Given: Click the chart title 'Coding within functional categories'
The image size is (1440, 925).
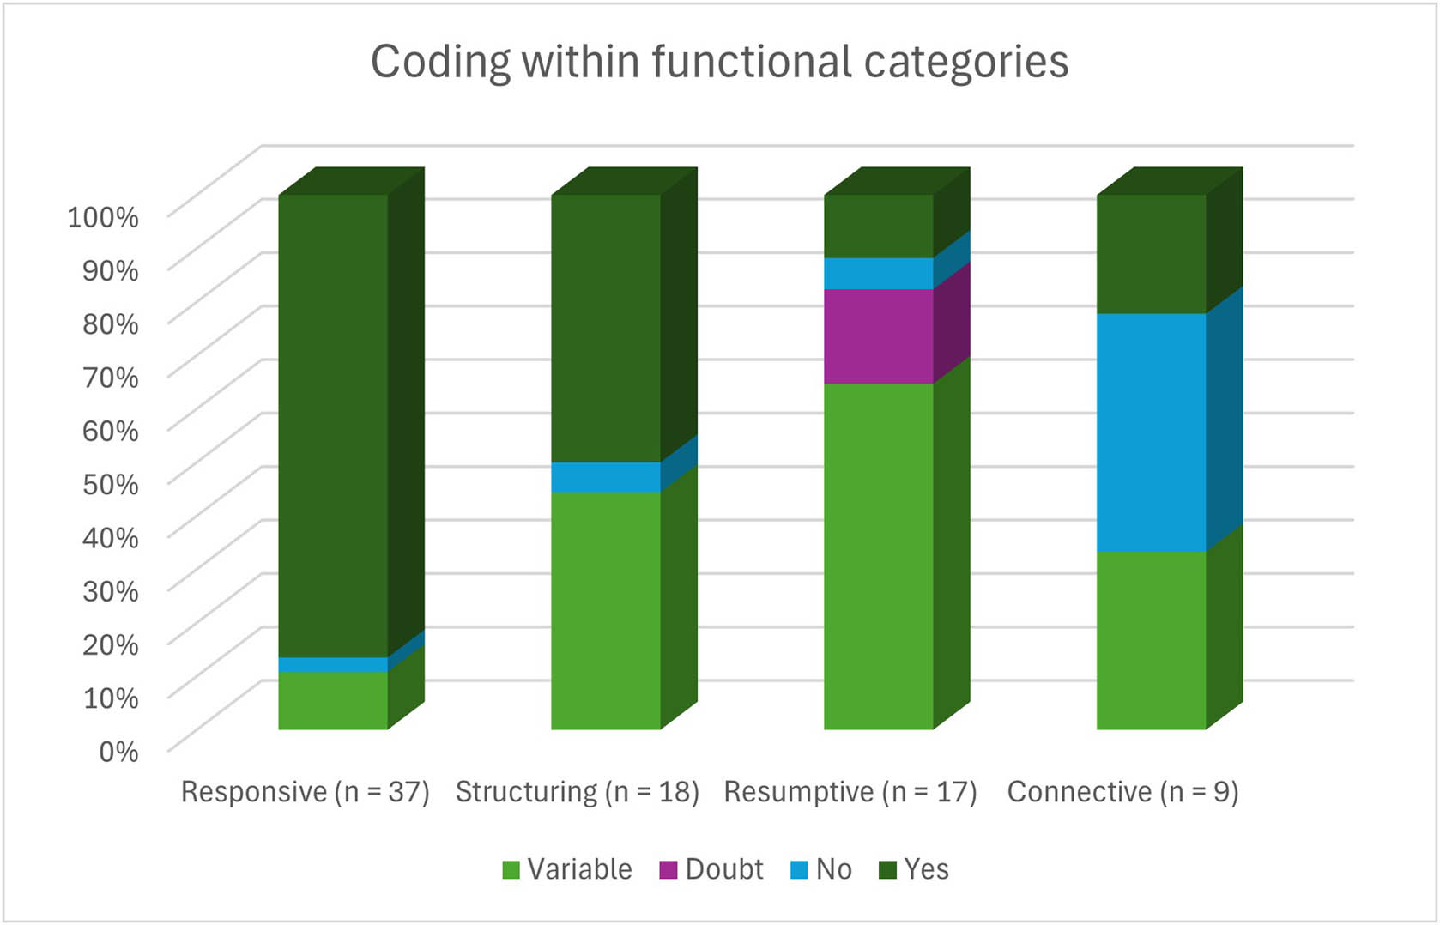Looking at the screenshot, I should [719, 62].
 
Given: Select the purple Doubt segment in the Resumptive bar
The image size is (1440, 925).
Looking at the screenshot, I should [879, 336].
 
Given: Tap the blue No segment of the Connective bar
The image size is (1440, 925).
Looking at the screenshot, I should [1151, 432].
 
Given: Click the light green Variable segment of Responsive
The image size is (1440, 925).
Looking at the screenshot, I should [333, 700].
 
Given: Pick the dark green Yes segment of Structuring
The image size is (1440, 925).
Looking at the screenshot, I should [606, 328].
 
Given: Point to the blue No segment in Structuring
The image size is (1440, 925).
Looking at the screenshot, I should [606, 477].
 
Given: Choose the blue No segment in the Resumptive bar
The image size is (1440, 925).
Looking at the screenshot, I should [879, 274].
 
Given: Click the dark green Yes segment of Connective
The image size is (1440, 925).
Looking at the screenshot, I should [1151, 254].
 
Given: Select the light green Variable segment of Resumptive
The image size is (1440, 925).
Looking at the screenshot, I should [879, 556].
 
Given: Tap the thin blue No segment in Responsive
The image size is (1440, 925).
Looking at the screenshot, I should [333, 665].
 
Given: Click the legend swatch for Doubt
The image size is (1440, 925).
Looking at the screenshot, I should [669, 870].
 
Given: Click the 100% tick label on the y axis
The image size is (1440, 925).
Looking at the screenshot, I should [103, 217].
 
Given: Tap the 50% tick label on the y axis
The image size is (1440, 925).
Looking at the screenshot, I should [110, 484].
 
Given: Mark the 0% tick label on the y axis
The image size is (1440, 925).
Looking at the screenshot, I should [118, 752].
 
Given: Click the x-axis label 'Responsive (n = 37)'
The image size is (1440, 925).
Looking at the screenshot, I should [305, 791].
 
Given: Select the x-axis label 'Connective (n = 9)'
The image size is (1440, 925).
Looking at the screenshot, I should [1122, 791].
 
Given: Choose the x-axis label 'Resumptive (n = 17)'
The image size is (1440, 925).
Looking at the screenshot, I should [850, 791].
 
